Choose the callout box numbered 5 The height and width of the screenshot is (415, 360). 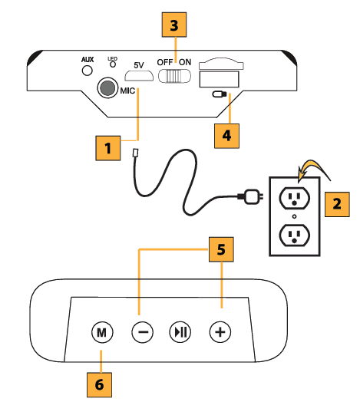click(221, 250)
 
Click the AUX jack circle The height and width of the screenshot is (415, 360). click(87, 71)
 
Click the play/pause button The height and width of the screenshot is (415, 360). click(181, 332)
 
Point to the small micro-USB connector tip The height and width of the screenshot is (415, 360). click(136, 153)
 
